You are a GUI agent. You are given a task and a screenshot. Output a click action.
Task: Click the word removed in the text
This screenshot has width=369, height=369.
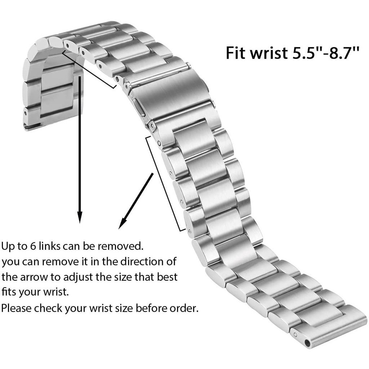pos(120,246)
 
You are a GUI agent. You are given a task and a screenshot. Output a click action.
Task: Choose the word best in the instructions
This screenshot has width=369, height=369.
pos(167,277)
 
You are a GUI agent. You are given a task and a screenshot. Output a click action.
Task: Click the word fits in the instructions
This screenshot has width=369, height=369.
pos(9,293)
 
